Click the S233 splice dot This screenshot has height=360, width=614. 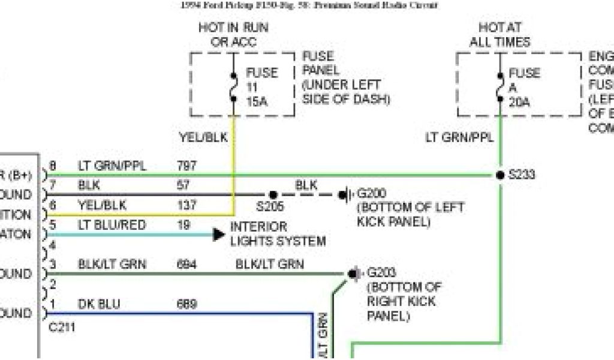click(x=499, y=175)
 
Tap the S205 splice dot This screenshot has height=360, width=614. click(x=273, y=194)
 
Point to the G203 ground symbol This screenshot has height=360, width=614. click(x=353, y=274)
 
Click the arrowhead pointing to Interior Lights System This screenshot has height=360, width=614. click(x=219, y=234)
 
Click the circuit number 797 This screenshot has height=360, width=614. click(x=187, y=166)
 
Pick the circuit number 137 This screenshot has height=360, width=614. click(x=187, y=205)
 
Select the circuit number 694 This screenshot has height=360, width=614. click(x=187, y=264)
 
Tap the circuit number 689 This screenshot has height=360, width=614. click(x=187, y=304)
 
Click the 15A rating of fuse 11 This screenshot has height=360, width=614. click(x=257, y=102)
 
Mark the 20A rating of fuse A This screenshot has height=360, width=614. click(x=519, y=102)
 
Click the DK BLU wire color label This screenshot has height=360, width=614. click(x=99, y=304)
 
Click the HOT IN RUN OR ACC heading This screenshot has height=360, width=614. click(x=233, y=35)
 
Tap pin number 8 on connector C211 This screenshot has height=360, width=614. click(x=53, y=166)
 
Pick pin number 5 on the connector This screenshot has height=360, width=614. click(x=53, y=225)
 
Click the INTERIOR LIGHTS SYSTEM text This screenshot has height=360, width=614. click(x=278, y=234)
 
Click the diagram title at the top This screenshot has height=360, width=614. click(x=309, y=5)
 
